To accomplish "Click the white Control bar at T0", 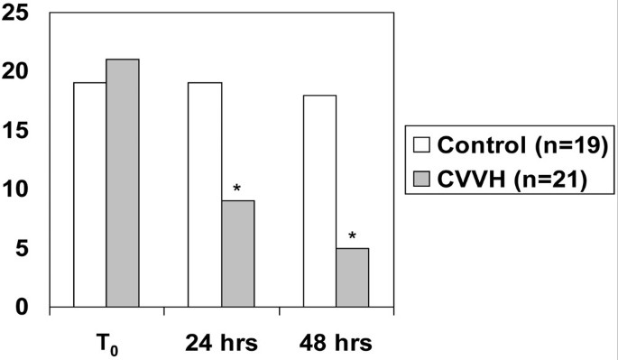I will pos(89,195).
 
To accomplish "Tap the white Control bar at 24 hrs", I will pos(205,195).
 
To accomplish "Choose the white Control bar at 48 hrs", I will pos(319,201).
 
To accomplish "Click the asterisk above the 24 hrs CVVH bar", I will pos(237,189).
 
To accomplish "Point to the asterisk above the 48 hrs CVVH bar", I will pos(352,237).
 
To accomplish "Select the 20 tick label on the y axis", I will pos(17,71).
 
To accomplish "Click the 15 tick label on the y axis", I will pos(17,131).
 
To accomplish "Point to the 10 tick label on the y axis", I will pos(17,189).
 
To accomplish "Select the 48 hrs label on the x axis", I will pos(335,343).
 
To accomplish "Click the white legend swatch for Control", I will pos(421,145).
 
